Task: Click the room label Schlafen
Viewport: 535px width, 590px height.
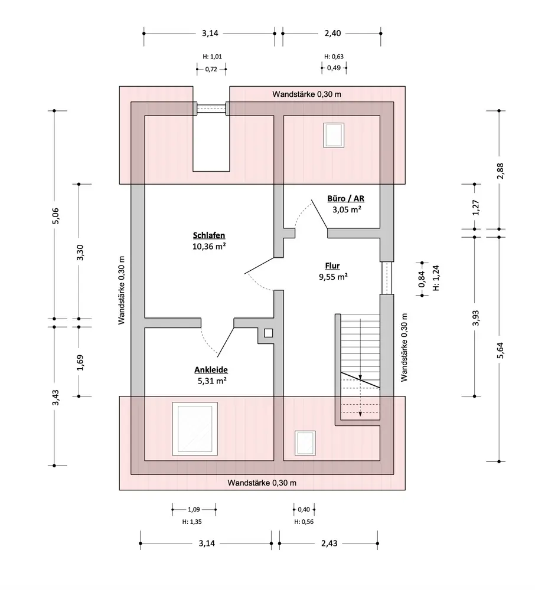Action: pos(209,235)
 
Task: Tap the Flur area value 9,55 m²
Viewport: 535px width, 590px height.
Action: pos(333,277)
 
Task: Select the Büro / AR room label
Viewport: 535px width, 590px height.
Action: pos(345,199)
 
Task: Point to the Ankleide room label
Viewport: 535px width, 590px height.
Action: pos(211,370)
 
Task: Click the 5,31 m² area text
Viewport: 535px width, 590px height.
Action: pos(212,381)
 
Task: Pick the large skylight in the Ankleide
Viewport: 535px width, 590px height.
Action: pos(195,428)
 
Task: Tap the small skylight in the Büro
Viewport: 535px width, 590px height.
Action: pos(334,135)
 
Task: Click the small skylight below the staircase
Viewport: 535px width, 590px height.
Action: pos(305,443)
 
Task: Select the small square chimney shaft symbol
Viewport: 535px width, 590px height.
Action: pos(269,333)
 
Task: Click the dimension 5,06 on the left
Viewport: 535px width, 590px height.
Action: pos(56,215)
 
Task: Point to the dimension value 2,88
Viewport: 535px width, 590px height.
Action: pos(500,171)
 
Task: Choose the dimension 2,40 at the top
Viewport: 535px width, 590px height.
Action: pos(333,33)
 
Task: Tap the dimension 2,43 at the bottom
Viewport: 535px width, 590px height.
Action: pos(329,543)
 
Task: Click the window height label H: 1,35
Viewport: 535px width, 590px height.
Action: pos(192,522)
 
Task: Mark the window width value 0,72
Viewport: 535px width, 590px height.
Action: pos(211,69)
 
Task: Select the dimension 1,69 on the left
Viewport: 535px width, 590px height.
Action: pos(80,362)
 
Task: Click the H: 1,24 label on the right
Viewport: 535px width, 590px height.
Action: pos(436,278)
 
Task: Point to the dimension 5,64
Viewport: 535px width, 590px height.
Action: pos(500,350)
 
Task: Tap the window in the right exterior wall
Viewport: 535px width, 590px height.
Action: pos(387,278)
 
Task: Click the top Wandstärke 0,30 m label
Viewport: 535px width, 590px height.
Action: pos(307,94)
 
